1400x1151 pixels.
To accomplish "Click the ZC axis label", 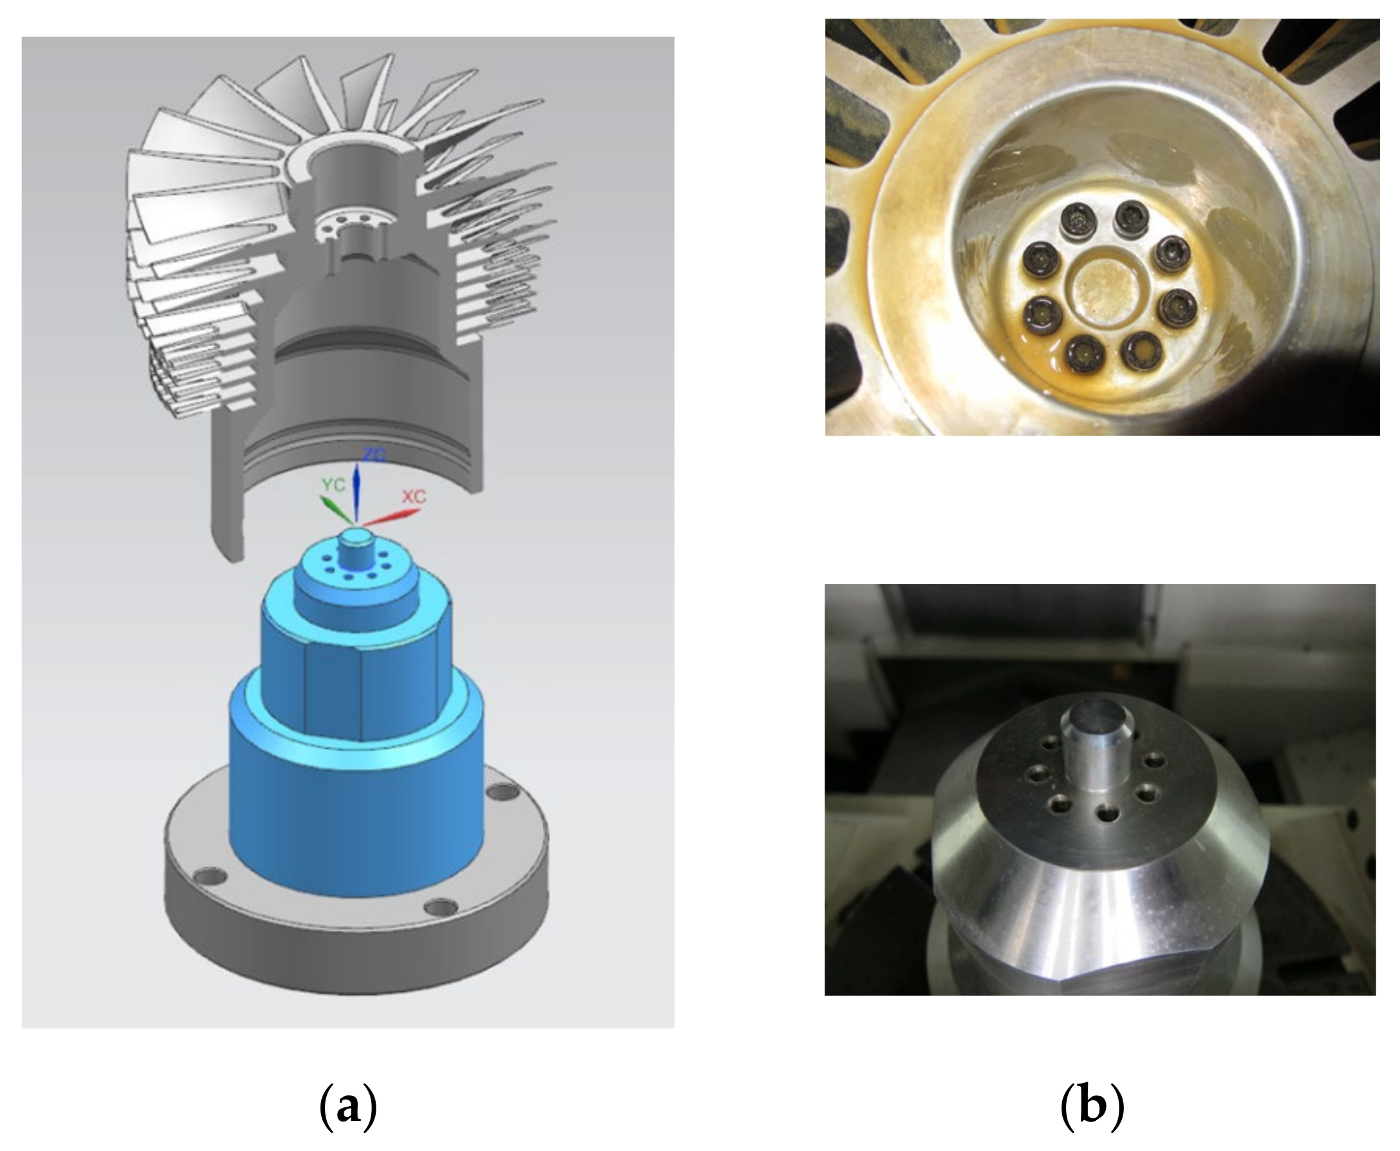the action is click(x=373, y=454).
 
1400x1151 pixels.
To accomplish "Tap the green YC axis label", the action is click(x=333, y=485).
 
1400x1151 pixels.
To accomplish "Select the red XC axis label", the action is click(x=414, y=496).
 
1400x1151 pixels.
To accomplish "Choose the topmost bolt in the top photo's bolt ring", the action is click(x=1132, y=219).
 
